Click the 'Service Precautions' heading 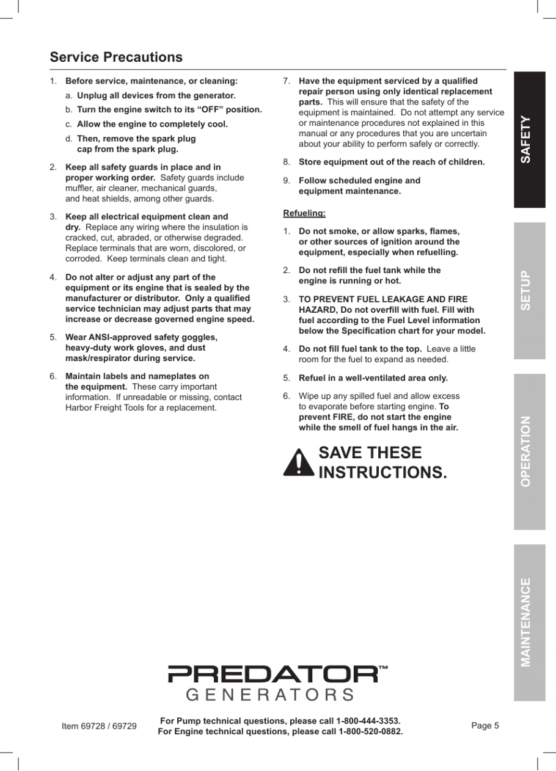click(116, 57)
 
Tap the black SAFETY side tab click(529, 140)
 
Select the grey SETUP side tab click(529, 290)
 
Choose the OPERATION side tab click(529, 451)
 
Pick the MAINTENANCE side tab click(529, 622)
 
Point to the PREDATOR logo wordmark click(273, 674)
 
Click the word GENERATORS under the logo click(269, 695)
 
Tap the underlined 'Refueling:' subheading click(304, 213)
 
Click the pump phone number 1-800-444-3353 click(368, 721)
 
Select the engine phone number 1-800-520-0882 click(371, 731)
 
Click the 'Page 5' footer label click(485, 726)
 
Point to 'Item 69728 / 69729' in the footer click(99, 726)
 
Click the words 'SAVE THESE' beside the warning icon click(370, 453)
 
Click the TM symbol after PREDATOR click(383, 668)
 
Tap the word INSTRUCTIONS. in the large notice click(383, 472)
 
